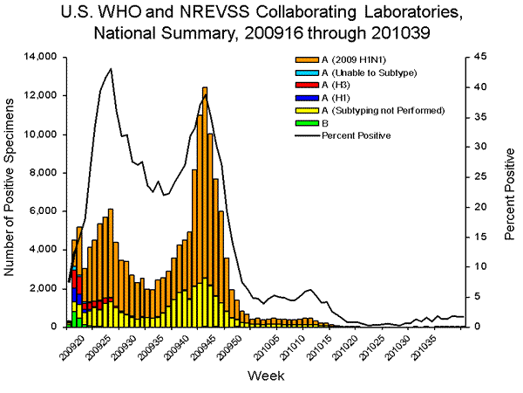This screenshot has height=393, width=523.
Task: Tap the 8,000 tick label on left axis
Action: (41, 173)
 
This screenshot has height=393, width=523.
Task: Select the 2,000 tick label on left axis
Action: (41, 288)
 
